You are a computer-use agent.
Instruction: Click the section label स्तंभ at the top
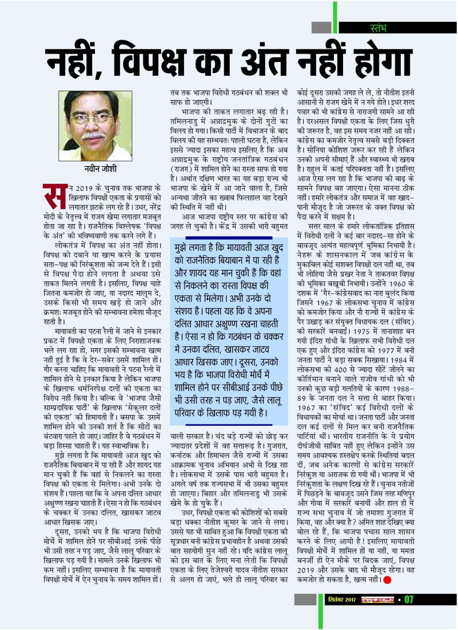click(378, 28)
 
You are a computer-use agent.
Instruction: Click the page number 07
click(409, 599)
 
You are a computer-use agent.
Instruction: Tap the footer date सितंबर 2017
click(342, 599)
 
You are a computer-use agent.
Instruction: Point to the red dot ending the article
click(387, 580)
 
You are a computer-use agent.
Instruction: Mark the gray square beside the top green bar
click(321, 28)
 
